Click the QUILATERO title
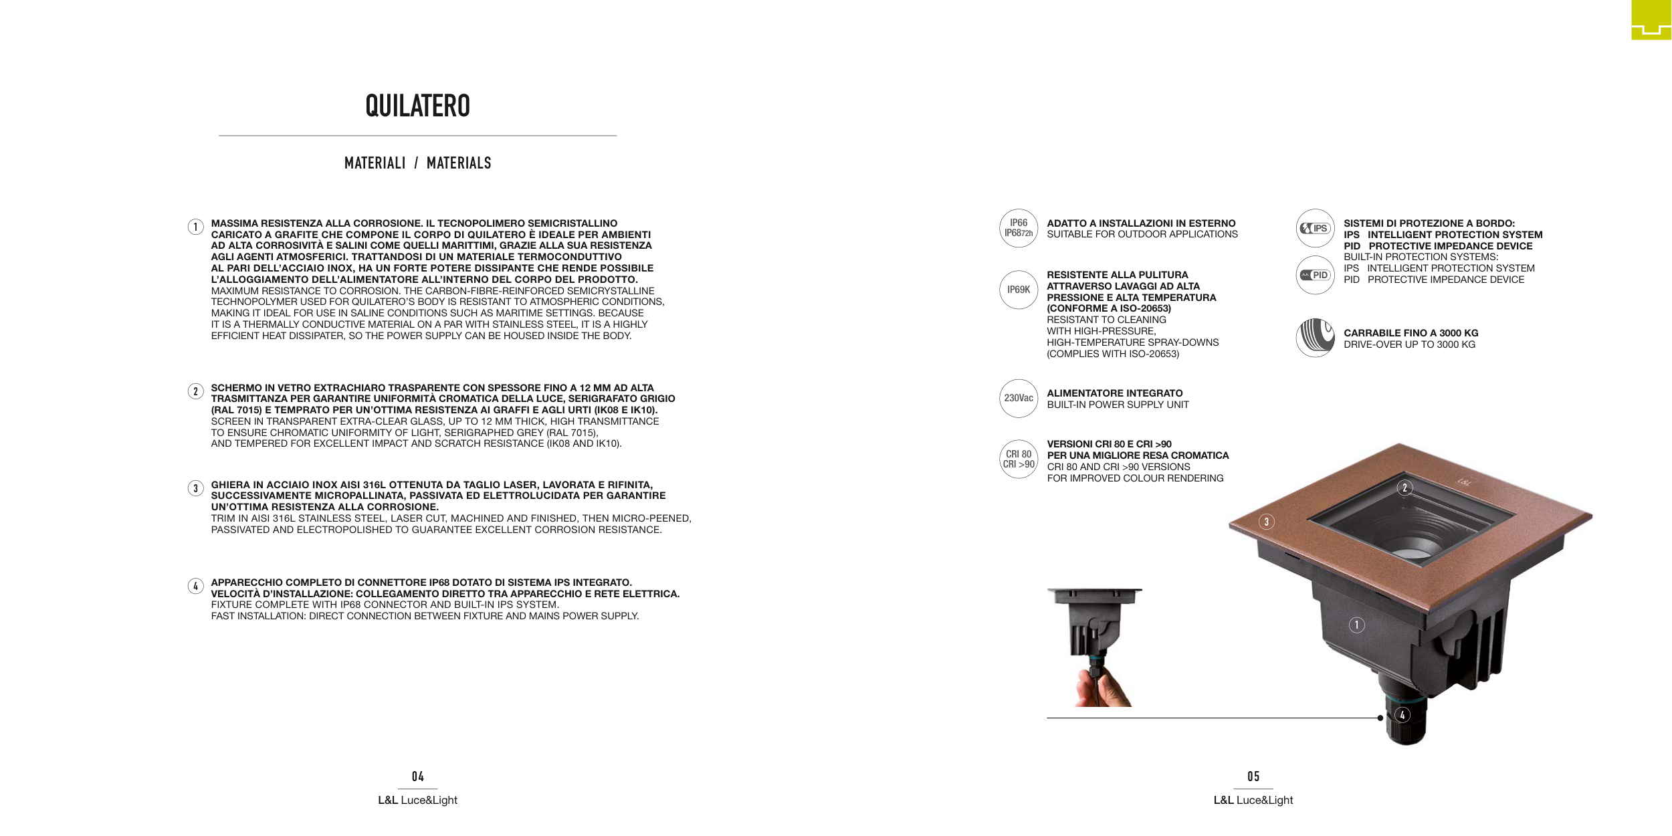[x=417, y=106]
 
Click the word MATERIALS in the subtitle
[x=459, y=163]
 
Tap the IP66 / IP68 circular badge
[x=1018, y=228]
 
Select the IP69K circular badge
[x=1018, y=290]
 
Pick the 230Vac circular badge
[x=1018, y=398]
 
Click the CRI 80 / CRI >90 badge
[x=1018, y=459]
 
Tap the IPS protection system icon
[x=1315, y=228]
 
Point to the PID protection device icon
[x=1315, y=275]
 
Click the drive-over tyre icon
[x=1315, y=338]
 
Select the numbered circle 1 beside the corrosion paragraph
[x=195, y=227]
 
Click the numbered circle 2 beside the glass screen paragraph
[x=195, y=391]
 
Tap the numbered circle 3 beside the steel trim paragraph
[x=195, y=488]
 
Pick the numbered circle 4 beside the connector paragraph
[x=195, y=587]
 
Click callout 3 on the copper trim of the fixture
[x=1266, y=522]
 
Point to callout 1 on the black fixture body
[x=1356, y=625]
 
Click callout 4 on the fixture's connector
[x=1402, y=715]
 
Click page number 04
[x=417, y=776]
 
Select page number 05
[x=1253, y=776]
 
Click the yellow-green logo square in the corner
[x=1651, y=19]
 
